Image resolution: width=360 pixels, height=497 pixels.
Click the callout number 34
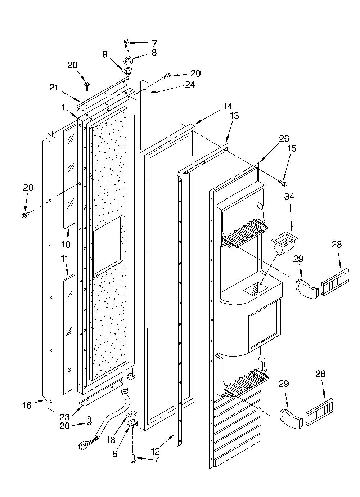[x=289, y=196]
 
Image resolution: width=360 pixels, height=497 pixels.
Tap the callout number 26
[x=284, y=139]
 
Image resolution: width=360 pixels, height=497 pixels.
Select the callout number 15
[x=292, y=148]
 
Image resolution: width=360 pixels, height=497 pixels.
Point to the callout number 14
[x=228, y=106]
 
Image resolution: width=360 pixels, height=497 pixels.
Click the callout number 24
[x=190, y=84]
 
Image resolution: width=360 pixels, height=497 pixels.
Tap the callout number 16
[x=27, y=406]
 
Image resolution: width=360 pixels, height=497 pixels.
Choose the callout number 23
[x=65, y=417]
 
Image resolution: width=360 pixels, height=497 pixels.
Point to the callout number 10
[x=66, y=244]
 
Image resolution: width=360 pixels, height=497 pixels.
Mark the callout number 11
[x=65, y=259]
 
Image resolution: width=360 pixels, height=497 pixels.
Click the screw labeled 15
[x=282, y=183]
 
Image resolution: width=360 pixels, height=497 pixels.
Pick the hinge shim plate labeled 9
[x=127, y=71]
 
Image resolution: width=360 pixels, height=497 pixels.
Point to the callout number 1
[x=63, y=107]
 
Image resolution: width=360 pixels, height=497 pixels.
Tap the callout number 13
[x=234, y=116]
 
